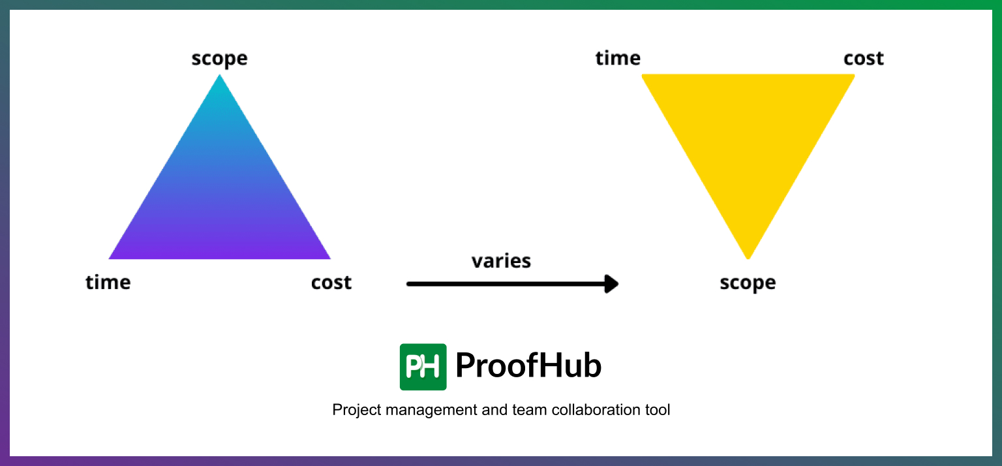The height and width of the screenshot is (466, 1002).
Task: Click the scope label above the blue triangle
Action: click(219, 59)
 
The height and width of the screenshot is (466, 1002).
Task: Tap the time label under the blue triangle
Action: click(108, 283)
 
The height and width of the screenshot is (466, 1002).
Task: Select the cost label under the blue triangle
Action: click(331, 283)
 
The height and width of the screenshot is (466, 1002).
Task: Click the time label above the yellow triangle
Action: click(618, 59)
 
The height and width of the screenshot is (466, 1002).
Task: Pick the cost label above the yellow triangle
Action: click(864, 59)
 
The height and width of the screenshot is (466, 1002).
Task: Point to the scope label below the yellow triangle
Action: click(748, 283)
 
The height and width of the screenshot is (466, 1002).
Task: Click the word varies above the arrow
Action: click(501, 261)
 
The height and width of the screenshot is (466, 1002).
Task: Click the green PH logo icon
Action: click(423, 367)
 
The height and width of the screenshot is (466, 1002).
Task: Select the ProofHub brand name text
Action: click(528, 365)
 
